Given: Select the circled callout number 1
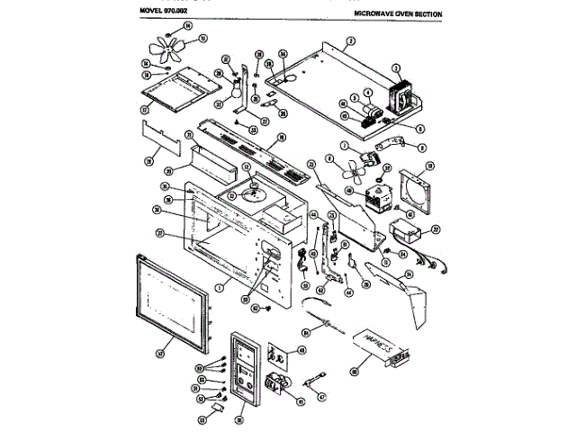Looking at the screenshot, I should [x=219, y=285].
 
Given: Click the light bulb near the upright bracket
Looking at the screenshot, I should [x=238, y=88].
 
